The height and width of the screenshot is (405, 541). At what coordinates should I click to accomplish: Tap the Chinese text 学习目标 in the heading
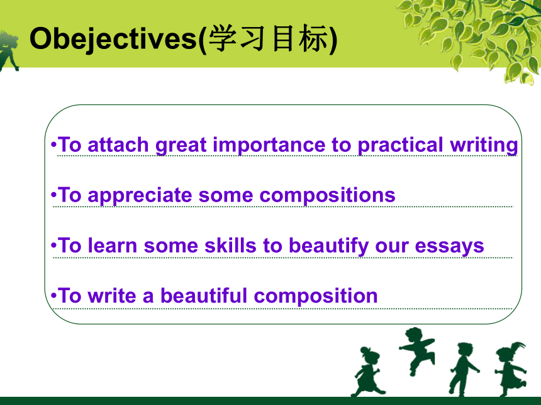[268, 38]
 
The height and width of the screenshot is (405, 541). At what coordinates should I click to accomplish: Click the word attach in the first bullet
[118, 144]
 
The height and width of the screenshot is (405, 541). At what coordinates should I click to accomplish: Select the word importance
[269, 145]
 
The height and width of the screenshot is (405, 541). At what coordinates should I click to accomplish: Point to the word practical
[400, 145]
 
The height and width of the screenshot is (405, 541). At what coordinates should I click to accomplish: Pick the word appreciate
[140, 196]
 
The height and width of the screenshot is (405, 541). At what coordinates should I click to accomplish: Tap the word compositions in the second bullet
[327, 196]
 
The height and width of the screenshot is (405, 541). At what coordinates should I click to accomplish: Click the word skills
[230, 246]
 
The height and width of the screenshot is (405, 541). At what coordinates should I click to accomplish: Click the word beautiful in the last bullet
[204, 296]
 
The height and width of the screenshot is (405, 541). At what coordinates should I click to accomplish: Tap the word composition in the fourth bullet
[316, 296]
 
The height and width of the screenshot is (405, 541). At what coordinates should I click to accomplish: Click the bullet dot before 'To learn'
[53, 246]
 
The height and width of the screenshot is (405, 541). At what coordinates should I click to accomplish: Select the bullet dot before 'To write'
[53, 296]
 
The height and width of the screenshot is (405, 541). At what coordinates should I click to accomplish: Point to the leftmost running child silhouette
[368, 372]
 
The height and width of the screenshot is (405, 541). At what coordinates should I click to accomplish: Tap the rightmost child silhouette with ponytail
[511, 369]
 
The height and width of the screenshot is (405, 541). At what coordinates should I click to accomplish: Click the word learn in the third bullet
[112, 246]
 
